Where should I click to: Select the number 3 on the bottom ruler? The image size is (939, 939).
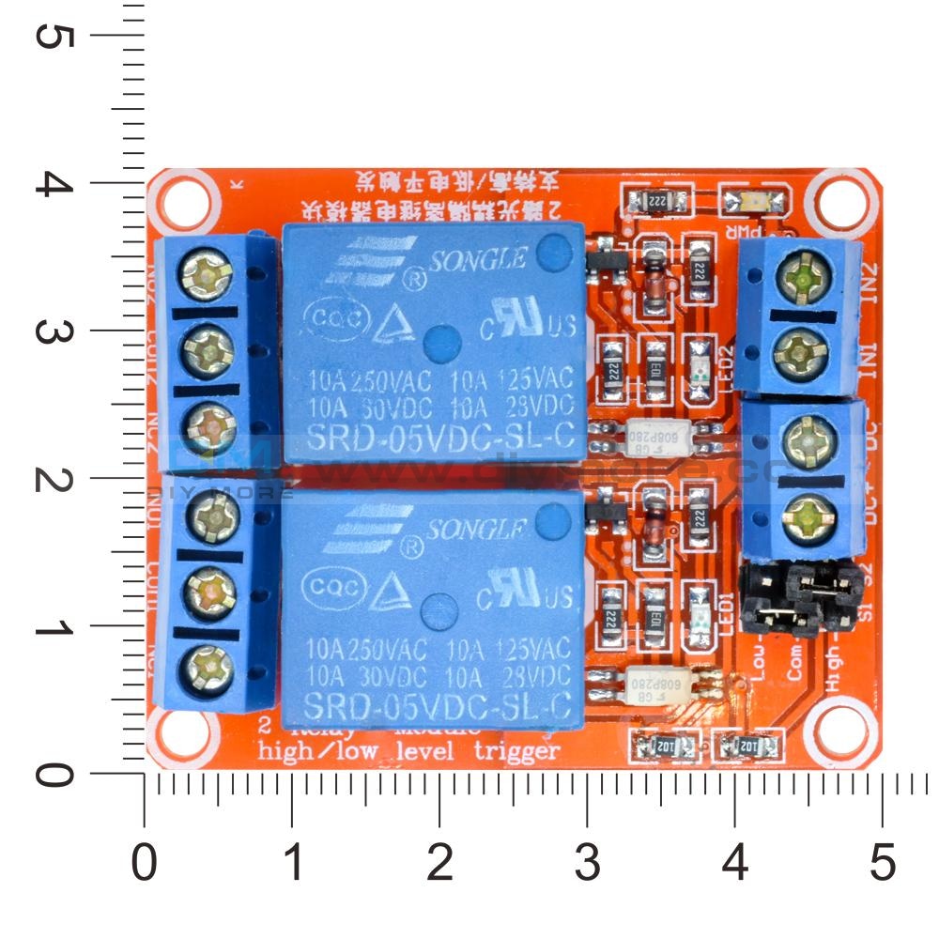pyautogui.click(x=587, y=861)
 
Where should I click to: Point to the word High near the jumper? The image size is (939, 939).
pyautogui.click(x=835, y=670)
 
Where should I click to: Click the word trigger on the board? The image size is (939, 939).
pyautogui.click(x=517, y=750)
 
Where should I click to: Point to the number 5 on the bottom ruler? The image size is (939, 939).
pyautogui.click(x=882, y=861)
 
